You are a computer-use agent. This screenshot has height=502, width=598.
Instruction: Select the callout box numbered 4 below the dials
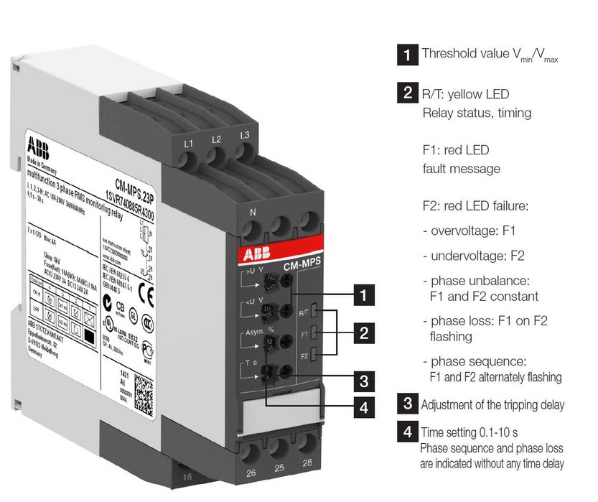(365, 407)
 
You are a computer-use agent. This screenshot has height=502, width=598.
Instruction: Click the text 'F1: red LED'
(455, 150)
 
